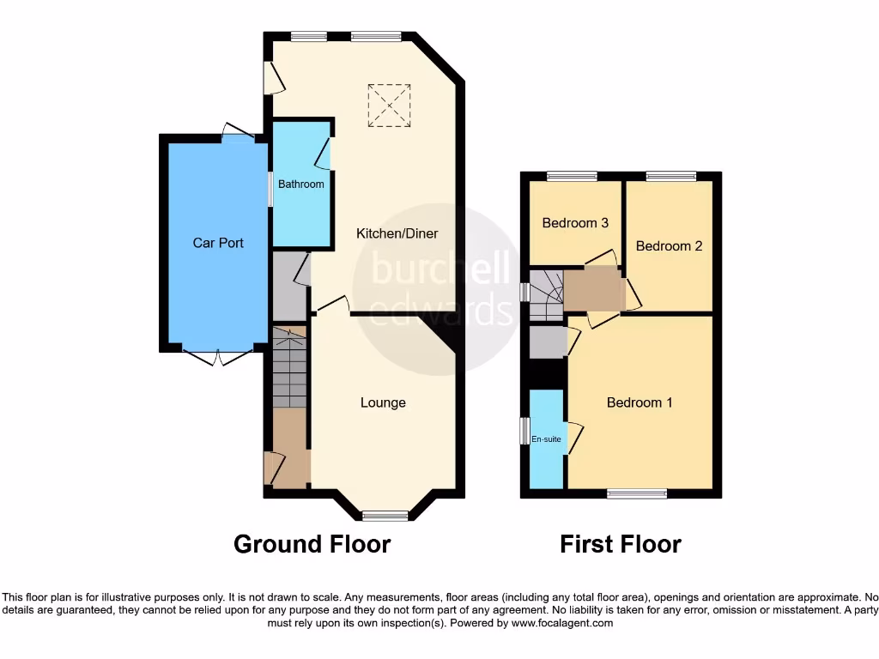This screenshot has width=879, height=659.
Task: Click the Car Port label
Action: pos(217,243)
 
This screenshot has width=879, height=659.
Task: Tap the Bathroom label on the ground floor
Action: pos(300,184)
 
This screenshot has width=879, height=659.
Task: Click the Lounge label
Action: pos(383,402)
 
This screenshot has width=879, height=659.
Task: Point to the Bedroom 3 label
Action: pos(575,223)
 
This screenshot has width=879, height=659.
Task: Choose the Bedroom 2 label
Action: pos(669,245)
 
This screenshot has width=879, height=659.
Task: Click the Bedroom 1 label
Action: pos(640,402)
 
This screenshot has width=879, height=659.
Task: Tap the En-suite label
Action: pos(546,439)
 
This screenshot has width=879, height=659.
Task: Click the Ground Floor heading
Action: pos(312,544)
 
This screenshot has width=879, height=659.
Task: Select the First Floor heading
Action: pos(621,544)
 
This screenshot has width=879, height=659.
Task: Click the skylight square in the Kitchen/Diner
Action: pos(389,106)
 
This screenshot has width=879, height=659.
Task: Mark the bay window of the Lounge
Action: pos(384,515)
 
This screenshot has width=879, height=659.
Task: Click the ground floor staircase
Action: pos(289,367)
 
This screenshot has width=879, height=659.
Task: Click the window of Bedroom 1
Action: pos(636,493)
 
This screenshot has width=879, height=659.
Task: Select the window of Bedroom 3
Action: pos(572,176)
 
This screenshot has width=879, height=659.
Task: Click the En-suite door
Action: pos(573,434)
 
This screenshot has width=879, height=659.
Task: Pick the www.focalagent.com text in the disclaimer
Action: pos(561,624)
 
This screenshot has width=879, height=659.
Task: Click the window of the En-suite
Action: pos(524,432)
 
